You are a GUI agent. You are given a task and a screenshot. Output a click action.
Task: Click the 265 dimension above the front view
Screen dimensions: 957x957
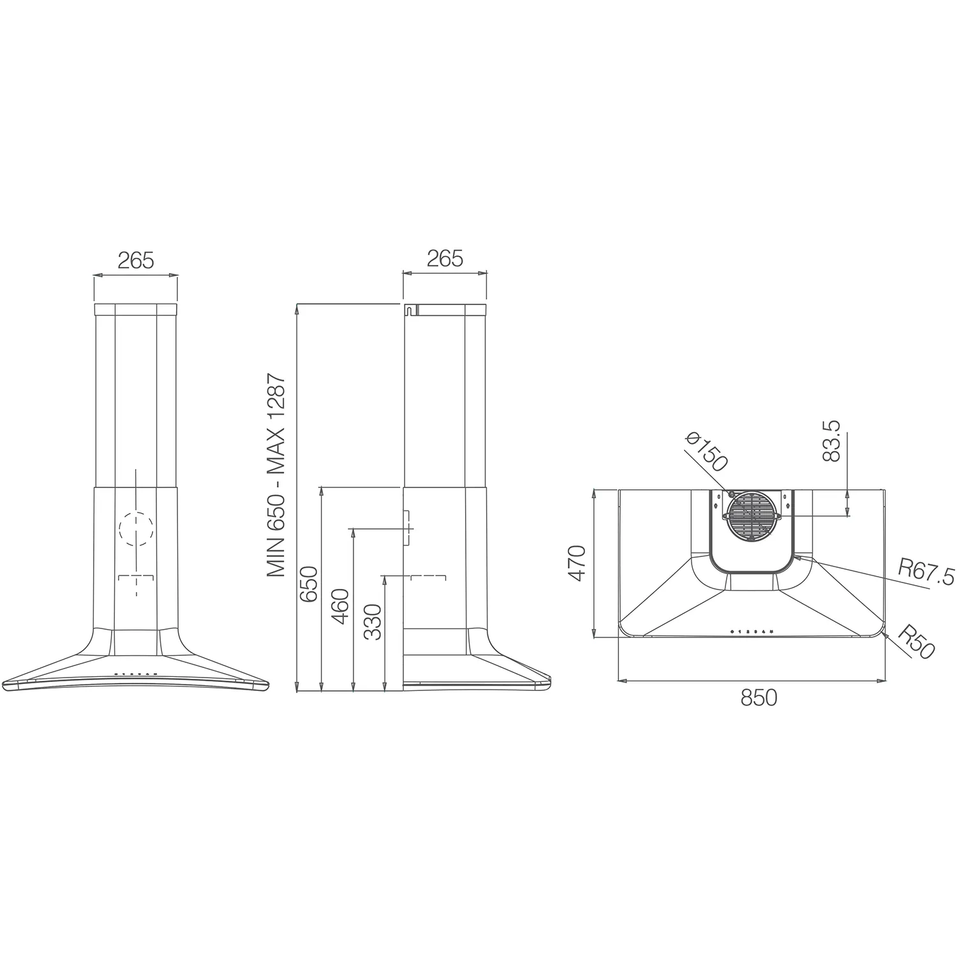tap(136, 260)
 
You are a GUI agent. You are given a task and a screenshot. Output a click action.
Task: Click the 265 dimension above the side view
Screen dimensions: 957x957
tap(444, 258)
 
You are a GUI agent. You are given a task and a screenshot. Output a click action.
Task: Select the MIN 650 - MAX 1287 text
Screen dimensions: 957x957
tap(276, 476)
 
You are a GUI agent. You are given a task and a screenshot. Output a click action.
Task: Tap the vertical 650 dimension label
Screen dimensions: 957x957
tap(309, 584)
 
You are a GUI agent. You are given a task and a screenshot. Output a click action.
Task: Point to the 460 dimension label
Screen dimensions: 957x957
tap(340, 607)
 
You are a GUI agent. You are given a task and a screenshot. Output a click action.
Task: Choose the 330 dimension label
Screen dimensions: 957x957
tap(372, 622)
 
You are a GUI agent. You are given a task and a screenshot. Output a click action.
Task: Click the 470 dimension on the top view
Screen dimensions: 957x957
tap(577, 563)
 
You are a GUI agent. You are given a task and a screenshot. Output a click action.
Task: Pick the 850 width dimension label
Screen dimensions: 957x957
tap(759, 697)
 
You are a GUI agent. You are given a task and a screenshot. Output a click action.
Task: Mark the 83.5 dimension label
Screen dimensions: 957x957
tap(832, 441)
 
